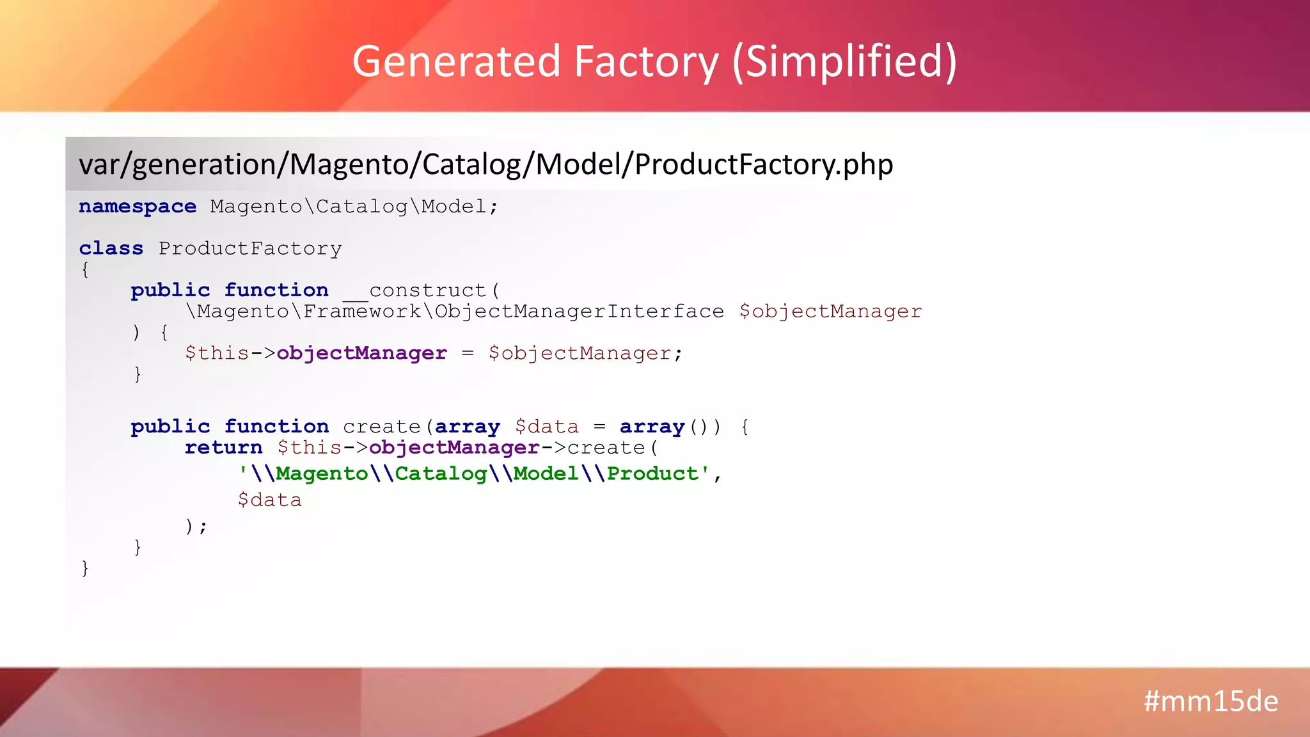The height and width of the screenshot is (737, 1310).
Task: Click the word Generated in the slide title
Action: tap(456, 61)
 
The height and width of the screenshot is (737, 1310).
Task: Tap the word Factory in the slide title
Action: tap(646, 61)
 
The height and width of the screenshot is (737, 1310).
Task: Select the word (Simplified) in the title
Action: tap(844, 61)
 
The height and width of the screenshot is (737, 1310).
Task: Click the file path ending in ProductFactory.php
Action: tap(485, 164)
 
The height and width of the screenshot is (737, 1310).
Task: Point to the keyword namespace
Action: tap(138, 207)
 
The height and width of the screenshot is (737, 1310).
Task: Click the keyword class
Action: tap(111, 248)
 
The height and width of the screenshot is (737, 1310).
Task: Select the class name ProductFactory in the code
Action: tap(250, 248)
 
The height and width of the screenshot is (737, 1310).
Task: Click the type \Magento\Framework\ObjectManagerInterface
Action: tap(455, 312)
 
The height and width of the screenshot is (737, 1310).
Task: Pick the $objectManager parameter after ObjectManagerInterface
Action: tap(830, 312)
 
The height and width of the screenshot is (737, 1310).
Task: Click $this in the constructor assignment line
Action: tap(217, 353)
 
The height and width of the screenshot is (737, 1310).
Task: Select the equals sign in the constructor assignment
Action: tap(468, 353)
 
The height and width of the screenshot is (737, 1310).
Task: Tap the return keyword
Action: tap(223, 448)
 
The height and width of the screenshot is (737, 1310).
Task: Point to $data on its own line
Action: tap(269, 500)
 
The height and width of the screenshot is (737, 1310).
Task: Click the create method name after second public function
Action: tap(381, 427)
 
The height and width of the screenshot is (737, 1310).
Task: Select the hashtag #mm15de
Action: tap(1210, 701)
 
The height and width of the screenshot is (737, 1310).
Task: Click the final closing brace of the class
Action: tap(85, 568)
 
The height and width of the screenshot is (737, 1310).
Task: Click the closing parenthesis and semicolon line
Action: tap(196, 527)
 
